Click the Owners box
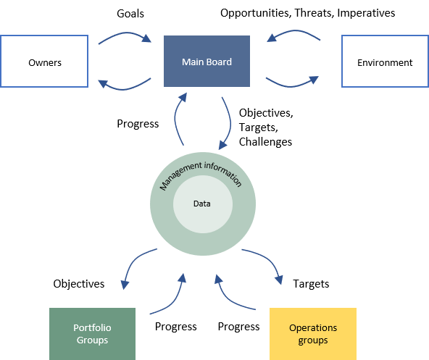[44, 62]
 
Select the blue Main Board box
[207, 62]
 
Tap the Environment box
[386, 62]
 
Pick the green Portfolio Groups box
[92, 334]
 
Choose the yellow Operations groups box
[313, 334]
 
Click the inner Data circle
[203, 204]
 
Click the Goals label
[130, 14]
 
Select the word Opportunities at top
[256, 13]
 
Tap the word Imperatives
[366, 13]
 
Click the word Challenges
[265, 142]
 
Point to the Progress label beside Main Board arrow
[138, 124]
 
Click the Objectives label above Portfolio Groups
[79, 284]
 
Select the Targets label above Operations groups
[311, 284]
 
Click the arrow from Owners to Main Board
[125, 33]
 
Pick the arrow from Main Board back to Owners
[123, 89]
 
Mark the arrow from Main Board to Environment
[291, 86]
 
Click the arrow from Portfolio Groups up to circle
[175, 301]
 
